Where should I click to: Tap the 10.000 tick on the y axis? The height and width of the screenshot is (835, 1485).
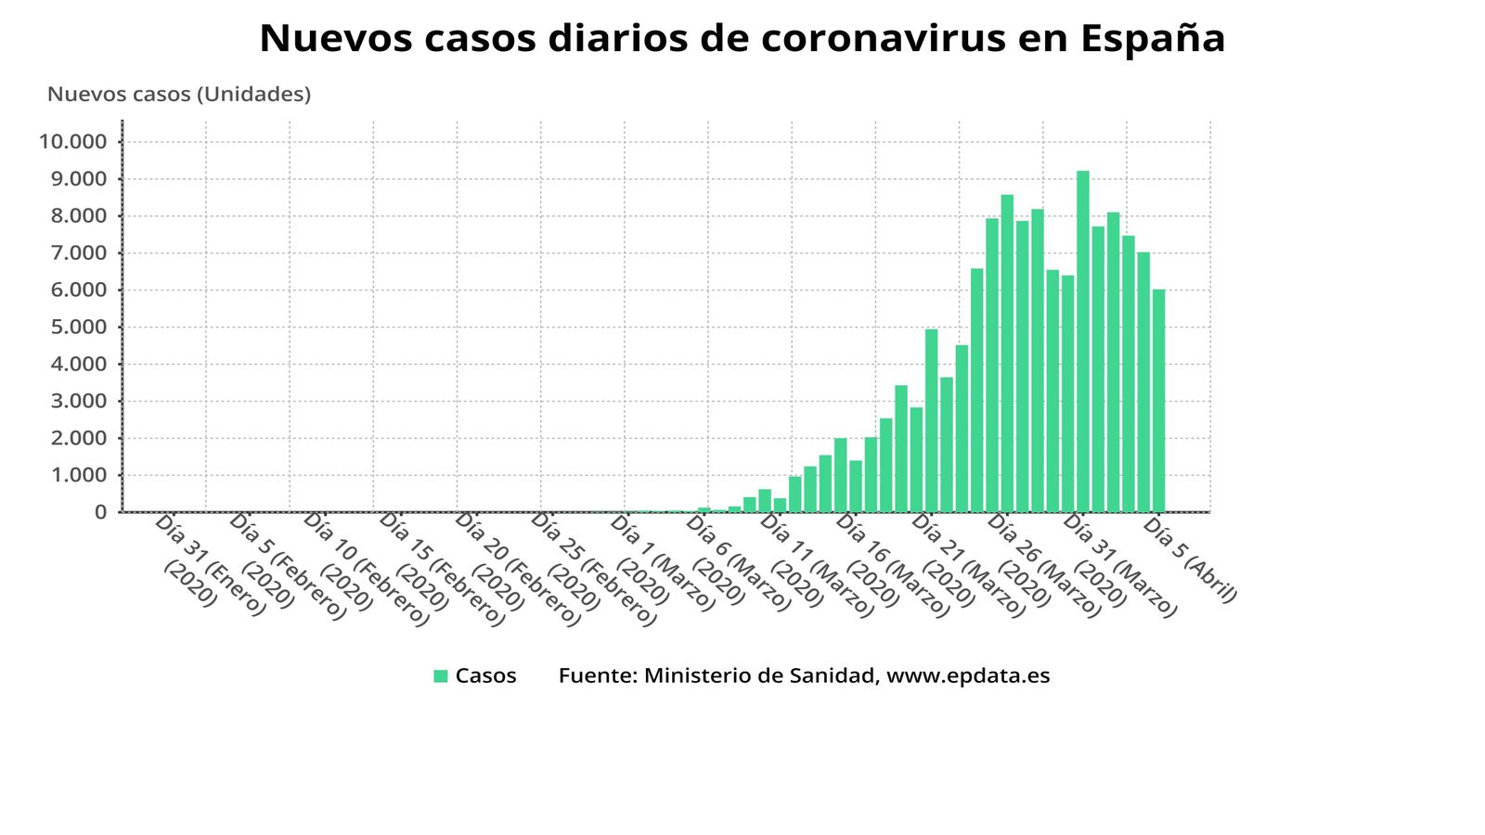tap(73, 142)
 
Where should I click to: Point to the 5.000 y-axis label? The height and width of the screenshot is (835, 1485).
tap(78, 328)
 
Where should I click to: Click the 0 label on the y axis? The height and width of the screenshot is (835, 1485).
tap(100, 512)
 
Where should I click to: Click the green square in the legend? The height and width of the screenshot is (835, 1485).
tap(441, 676)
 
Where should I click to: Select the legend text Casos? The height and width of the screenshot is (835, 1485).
tap(485, 676)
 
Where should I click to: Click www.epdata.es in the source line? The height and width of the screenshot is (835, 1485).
tap(968, 676)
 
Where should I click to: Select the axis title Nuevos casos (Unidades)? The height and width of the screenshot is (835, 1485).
tap(179, 95)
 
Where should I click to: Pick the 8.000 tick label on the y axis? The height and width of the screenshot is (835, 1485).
tap(78, 216)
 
